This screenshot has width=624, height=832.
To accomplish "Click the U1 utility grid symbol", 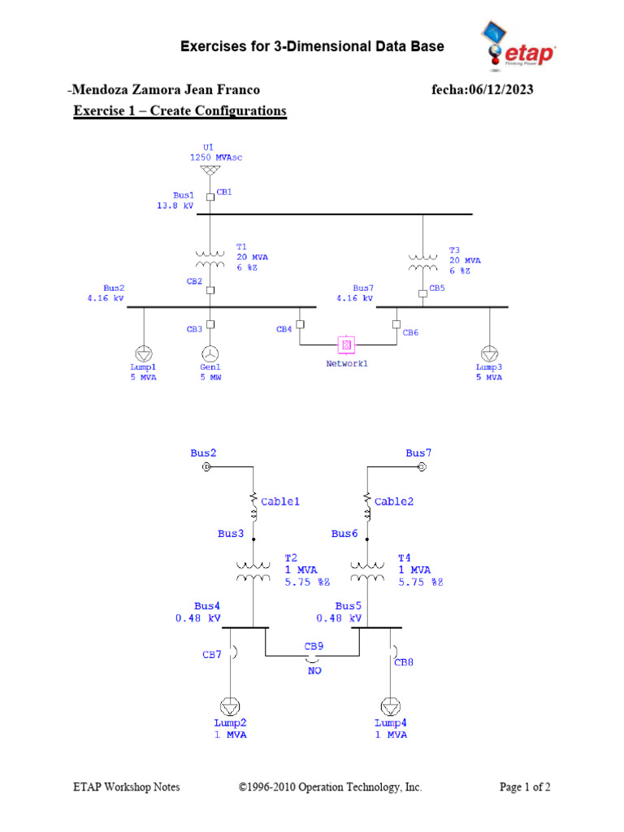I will (x=210, y=171).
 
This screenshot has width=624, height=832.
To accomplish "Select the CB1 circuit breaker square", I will (x=210, y=196).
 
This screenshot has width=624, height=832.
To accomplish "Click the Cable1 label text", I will (x=280, y=501).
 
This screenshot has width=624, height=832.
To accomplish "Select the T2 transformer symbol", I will (x=253, y=572).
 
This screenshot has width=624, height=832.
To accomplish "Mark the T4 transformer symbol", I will (x=366, y=572).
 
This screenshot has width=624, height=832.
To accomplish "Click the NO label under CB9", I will (x=314, y=671).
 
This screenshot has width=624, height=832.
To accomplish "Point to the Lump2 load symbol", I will (x=231, y=705).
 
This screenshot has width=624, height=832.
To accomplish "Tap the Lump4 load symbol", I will (x=391, y=705).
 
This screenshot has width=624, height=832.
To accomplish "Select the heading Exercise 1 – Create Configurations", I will (x=180, y=110).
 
